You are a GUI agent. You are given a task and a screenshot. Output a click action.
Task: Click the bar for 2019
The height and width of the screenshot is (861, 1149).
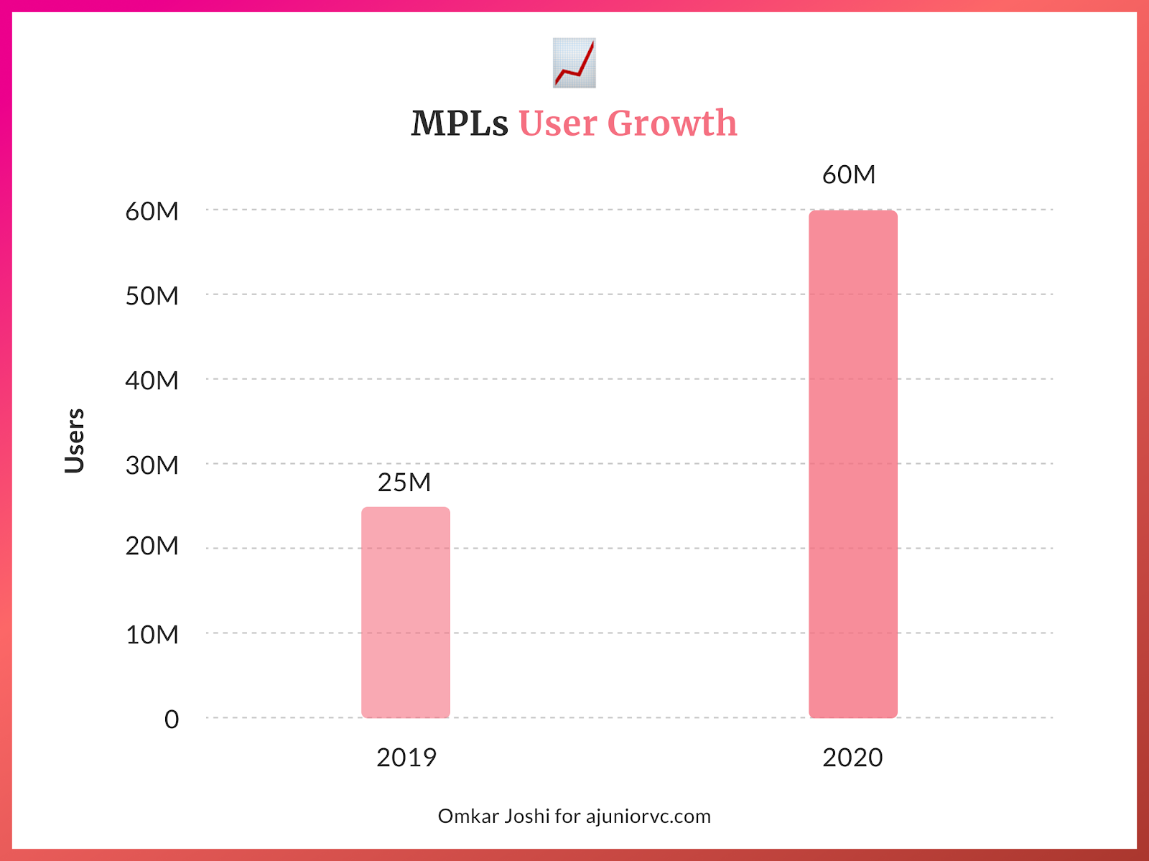pyautogui.click(x=406, y=613)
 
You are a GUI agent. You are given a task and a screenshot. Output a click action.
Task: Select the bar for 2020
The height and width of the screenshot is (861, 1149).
pyautogui.click(x=853, y=464)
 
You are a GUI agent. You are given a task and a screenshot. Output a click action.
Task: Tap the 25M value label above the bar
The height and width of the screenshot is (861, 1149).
pyautogui.click(x=404, y=483)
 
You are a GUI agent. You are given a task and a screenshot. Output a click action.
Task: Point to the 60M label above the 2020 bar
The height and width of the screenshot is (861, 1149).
pyautogui.click(x=849, y=175)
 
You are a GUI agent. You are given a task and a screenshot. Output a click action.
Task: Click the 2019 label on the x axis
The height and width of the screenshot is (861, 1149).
pyautogui.click(x=406, y=758)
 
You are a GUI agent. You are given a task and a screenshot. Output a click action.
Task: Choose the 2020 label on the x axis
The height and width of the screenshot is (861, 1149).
pyautogui.click(x=852, y=758)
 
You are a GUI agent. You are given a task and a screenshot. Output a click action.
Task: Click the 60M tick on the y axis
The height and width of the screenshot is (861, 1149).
pyautogui.click(x=152, y=212)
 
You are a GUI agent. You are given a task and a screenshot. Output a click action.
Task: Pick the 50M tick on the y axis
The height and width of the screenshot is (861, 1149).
pyautogui.click(x=152, y=296)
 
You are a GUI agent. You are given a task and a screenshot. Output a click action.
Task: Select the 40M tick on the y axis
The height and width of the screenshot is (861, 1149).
pyautogui.click(x=152, y=381)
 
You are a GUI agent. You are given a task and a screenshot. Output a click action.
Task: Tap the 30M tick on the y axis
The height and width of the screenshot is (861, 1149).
pyautogui.click(x=152, y=465)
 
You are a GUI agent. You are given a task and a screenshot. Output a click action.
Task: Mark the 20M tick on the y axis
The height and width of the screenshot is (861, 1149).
pyautogui.click(x=152, y=546)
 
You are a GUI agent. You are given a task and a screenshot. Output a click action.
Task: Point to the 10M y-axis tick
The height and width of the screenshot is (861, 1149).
pyautogui.click(x=152, y=635)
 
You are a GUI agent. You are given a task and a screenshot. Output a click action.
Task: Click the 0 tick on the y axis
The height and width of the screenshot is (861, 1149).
pyautogui.click(x=172, y=720)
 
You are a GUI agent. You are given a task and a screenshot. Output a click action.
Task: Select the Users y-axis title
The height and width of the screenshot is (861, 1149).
pyautogui.click(x=75, y=440)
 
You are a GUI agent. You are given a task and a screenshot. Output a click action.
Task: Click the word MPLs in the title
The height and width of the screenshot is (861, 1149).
pyautogui.click(x=460, y=124)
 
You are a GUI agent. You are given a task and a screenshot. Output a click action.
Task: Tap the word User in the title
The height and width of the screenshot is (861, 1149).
pyautogui.click(x=558, y=124)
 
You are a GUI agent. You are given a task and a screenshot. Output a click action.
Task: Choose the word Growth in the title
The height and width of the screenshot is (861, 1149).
pyautogui.click(x=672, y=124)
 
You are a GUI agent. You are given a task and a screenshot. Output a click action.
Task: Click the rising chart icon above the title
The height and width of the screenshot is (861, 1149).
pyautogui.click(x=574, y=63)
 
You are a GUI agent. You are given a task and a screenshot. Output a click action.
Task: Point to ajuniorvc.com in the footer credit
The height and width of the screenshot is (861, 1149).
pyautogui.click(x=648, y=816)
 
